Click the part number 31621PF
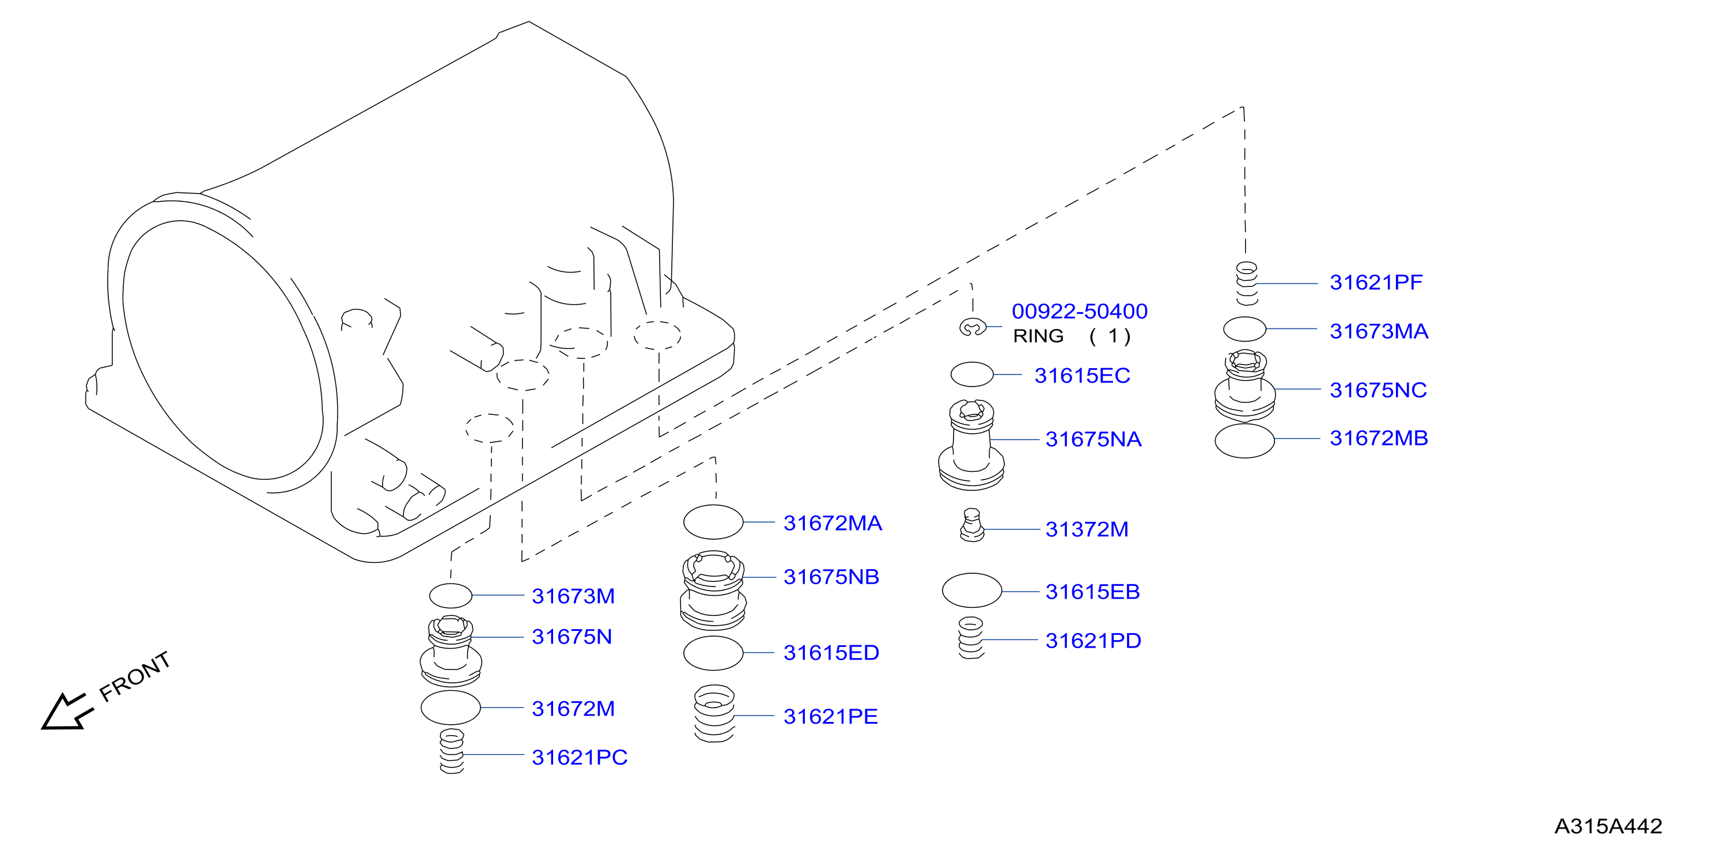point(1376,282)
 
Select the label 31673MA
point(1379,331)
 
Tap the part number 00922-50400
point(1079,311)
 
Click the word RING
point(1038,336)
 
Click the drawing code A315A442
point(1608,826)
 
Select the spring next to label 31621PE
point(714,713)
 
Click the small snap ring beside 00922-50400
point(971,327)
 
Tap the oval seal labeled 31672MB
point(1244,441)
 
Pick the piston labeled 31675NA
point(971,445)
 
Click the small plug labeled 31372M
point(972,525)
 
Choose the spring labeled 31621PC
point(452,752)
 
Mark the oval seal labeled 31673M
point(451,596)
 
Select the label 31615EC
point(1082,376)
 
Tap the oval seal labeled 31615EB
point(972,591)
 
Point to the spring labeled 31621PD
point(971,638)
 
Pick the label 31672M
point(573,709)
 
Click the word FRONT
point(135,676)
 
